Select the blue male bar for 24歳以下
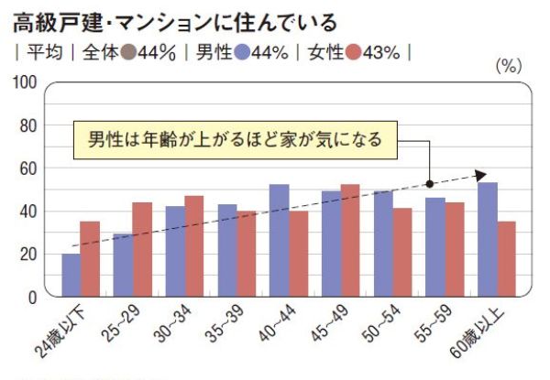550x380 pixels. click(71, 275)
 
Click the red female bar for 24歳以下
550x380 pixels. click(90, 259)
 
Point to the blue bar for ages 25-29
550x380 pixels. click(122, 266)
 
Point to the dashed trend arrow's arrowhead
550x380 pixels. click(482, 174)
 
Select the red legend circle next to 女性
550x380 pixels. click(353, 52)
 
